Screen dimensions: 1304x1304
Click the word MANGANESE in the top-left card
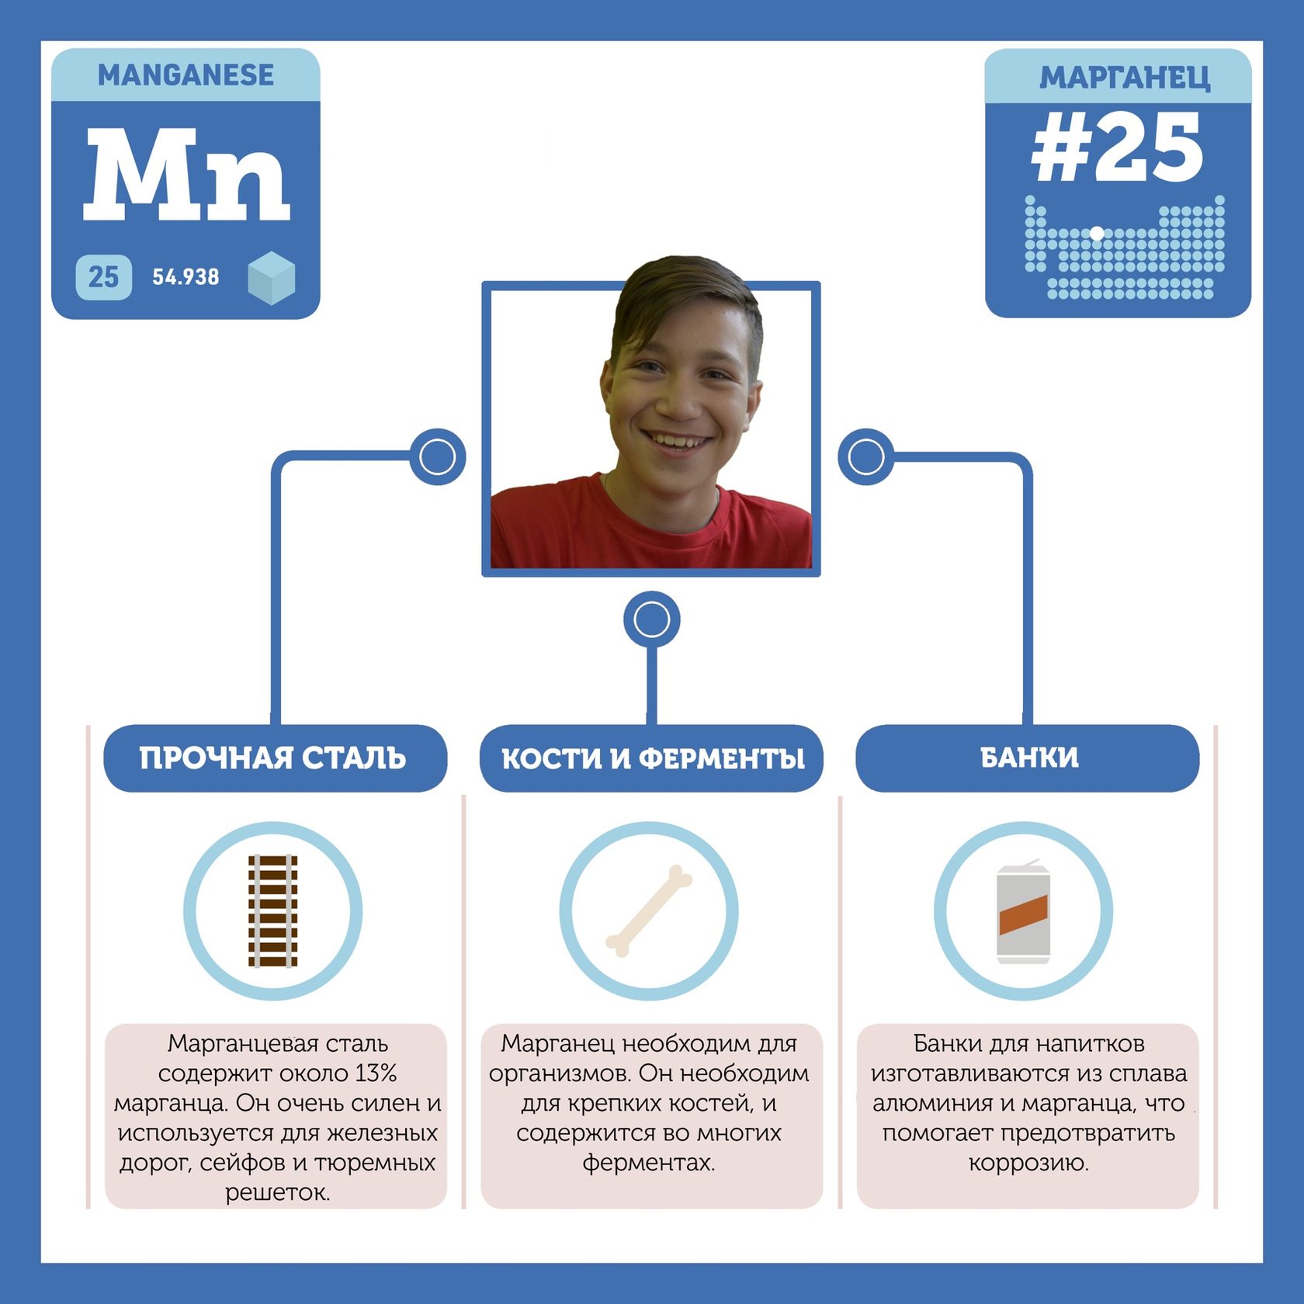point(186,75)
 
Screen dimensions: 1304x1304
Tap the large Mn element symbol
point(186,175)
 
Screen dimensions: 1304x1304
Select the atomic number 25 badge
point(103,277)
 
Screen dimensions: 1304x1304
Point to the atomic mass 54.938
point(186,277)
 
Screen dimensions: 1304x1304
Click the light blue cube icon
point(271,277)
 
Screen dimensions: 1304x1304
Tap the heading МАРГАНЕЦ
point(1124,78)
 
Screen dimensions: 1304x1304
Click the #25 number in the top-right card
point(1117,147)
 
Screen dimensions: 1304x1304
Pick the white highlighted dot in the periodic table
point(1097,233)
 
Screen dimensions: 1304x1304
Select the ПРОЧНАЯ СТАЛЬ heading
point(273,758)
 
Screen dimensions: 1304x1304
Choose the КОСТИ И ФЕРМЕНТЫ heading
point(652,758)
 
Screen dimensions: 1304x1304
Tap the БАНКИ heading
point(1029,758)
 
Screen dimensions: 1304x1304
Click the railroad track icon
point(272,910)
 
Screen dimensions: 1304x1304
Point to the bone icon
point(649,910)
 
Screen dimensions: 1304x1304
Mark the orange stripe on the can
point(1023,914)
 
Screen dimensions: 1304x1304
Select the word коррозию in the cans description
point(1028,1163)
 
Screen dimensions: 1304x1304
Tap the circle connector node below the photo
point(652,619)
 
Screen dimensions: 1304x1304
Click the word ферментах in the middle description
point(649,1163)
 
